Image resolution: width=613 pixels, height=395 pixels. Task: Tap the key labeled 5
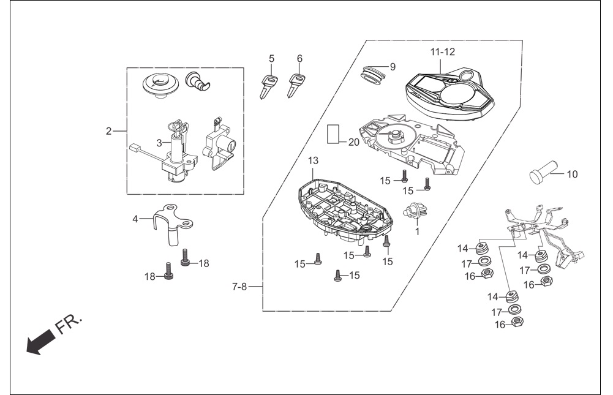(269, 86)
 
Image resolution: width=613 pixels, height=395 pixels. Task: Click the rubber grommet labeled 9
(372, 75)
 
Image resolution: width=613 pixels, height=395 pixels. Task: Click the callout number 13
(313, 160)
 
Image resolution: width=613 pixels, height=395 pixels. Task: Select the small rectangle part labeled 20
(334, 134)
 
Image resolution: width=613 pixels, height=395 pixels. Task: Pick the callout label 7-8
(239, 287)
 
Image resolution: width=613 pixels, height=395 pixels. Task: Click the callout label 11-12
(443, 51)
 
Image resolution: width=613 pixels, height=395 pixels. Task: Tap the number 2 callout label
(108, 132)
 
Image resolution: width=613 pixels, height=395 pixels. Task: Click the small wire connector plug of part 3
(134, 148)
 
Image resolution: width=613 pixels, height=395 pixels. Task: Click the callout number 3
(159, 143)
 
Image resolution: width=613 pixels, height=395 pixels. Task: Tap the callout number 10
(572, 174)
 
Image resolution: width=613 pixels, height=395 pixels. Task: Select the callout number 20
(353, 142)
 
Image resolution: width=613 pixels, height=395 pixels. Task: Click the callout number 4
(135, 219)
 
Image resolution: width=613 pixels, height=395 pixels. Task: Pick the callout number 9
(393, 67)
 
